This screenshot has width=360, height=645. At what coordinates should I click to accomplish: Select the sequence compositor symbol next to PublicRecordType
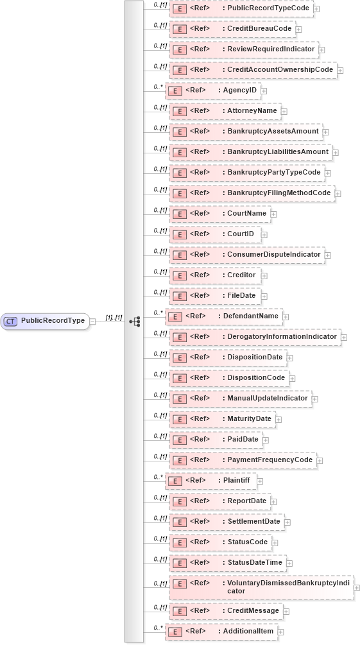click(135, 321)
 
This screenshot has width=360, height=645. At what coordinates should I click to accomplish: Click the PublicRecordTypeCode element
click(241, 8)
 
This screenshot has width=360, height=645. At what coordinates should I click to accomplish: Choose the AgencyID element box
click(213, 90)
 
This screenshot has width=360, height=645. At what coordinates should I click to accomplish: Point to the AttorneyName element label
click(252, 111)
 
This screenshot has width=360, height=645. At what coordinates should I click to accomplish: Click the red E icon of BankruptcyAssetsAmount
click(180, 132)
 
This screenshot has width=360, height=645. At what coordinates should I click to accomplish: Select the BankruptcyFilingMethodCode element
click(252, 193)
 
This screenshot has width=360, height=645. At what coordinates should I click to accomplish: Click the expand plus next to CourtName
click(274, 214)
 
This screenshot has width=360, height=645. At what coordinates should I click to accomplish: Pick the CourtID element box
click(215, 234)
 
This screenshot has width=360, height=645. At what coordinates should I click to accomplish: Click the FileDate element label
click(241, 296)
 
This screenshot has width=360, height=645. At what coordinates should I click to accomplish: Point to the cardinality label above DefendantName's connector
click(157, 312)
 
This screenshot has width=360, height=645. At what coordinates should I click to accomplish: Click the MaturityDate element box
click(222, 419)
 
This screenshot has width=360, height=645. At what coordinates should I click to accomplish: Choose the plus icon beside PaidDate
click(266, 440)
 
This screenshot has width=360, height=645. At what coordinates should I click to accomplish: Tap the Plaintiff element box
click(211, 481)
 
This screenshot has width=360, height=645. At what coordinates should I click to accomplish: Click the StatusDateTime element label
click(255, 563)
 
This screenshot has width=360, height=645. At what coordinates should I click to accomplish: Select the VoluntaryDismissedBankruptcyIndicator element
click(261, 587)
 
